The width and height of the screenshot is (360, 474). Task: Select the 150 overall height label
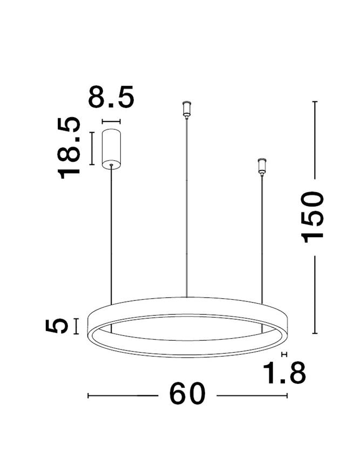pyautogui.click(x=314, y=216)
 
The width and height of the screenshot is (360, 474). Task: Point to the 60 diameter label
pyautogui.click(x=188, y=395)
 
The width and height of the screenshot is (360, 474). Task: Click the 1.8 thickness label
pyautogui.click(x=284, y=373)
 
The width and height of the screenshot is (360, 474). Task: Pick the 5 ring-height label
pyautogui.click(x=58, y=326)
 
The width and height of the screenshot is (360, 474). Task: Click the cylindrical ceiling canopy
pyautogui.click(x=111, y=148)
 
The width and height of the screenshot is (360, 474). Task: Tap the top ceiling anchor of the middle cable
pyautogui.click(x=187, y=108)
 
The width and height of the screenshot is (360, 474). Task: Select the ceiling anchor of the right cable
pyautogui.click(x=262, y=166)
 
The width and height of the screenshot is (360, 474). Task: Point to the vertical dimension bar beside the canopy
pyautogui.click(x=92, y=148)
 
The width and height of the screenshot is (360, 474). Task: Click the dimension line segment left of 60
pyautogui.click(x=122, y=396)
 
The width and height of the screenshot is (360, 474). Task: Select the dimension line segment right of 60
pyautogui.click(x=252, y=396)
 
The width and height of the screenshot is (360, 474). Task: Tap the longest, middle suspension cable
pyautogui.click(x=187, y=205)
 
